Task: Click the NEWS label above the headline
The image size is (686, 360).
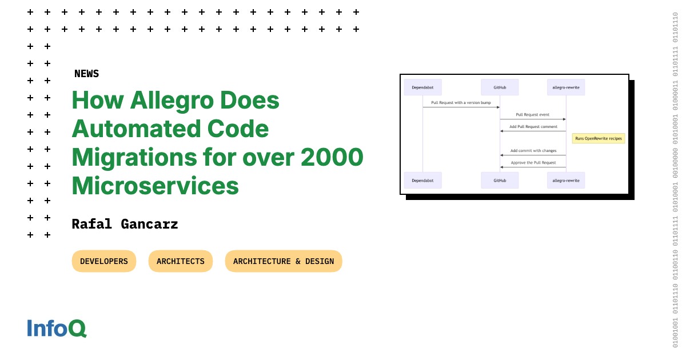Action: pyautogui.click(x=86, y=74)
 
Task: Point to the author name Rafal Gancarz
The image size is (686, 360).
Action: pyautogui.click(x=125, y=224)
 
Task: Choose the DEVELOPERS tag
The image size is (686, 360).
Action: pyautogui.click(x=104, y=261)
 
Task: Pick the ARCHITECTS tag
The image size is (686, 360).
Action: pyautogui.click(x=181, y=261)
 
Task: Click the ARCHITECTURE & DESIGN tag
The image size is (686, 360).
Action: pyautogui.click(x=284, y=261)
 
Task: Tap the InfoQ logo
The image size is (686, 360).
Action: pyautogui.click(x=57, y=328)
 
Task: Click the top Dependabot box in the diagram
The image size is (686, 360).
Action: pyautogui.click(x=422, y=87)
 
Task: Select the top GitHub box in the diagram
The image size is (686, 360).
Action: pyautogui.click(x=500, y=87)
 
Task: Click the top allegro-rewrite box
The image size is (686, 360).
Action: pyautogui.click(x=566, y=87)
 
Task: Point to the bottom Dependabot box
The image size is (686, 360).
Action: pyautogui.click(x=422, y=180)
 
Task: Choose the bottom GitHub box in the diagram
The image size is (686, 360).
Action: pyautogui.click(x=500, y=180)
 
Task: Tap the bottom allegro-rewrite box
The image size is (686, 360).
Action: pyautogui.click(x=566, y=180)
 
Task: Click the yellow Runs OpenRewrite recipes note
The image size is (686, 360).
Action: pyautogui.click(x=599, y=138)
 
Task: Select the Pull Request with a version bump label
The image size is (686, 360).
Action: pyautogui.click(x=461, y=103)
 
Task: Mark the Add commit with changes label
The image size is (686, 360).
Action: pyautogui.click(x=533, y=151)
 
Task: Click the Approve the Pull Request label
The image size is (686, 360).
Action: pyautogui.click(x=533, y=163)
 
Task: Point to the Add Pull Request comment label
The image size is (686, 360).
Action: pyautogui.click(x=533, y=127)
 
